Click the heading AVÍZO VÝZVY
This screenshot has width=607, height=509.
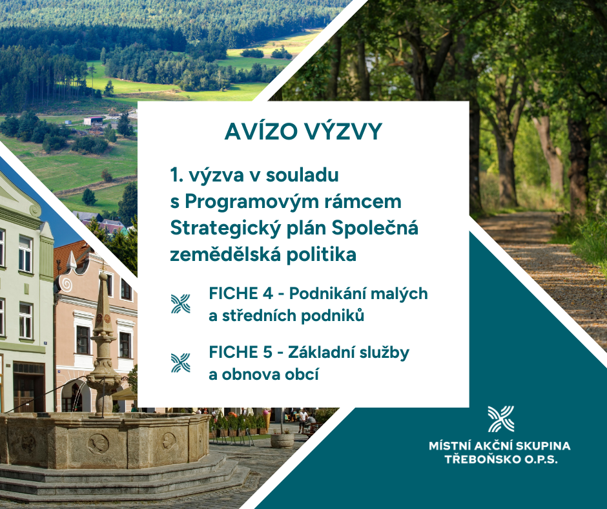coord(303,131)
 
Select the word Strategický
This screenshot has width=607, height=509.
coord(225,229)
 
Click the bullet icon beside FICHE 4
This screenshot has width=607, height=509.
coord(181,304)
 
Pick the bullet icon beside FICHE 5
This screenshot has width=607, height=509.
coord(181,363)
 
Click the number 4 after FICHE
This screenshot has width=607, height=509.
coord(267,294)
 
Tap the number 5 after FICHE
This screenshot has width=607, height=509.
coord(267,353)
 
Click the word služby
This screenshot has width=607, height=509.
coord(384,353)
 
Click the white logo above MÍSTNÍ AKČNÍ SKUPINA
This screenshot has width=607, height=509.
coord(501,419)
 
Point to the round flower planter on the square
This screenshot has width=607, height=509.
coord(282,441)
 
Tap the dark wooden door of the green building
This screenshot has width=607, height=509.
coord(28,388)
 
